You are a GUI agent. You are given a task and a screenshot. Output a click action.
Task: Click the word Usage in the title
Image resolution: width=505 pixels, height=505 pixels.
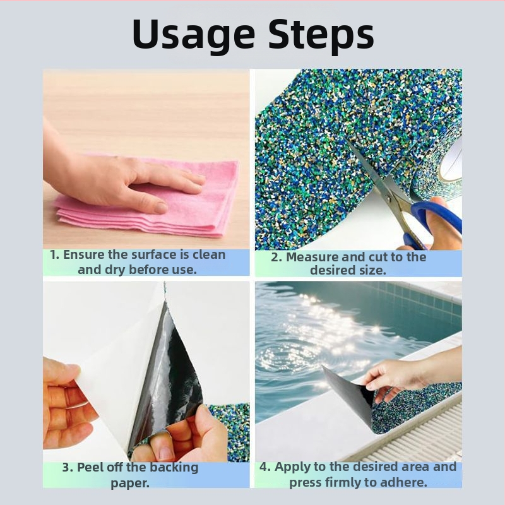pos(194,34)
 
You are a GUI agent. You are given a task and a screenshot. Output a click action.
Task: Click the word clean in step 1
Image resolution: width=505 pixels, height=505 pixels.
pos(209,254)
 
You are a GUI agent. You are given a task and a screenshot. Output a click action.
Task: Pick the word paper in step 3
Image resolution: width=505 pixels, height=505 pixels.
pos(130,484)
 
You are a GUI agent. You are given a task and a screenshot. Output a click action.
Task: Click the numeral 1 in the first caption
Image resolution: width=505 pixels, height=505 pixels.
pos(54,255)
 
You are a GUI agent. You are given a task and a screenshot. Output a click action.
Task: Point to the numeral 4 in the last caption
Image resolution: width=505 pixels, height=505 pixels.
pos(264,466)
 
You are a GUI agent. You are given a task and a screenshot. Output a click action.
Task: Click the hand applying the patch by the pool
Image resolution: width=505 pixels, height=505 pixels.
pos(403,375)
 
